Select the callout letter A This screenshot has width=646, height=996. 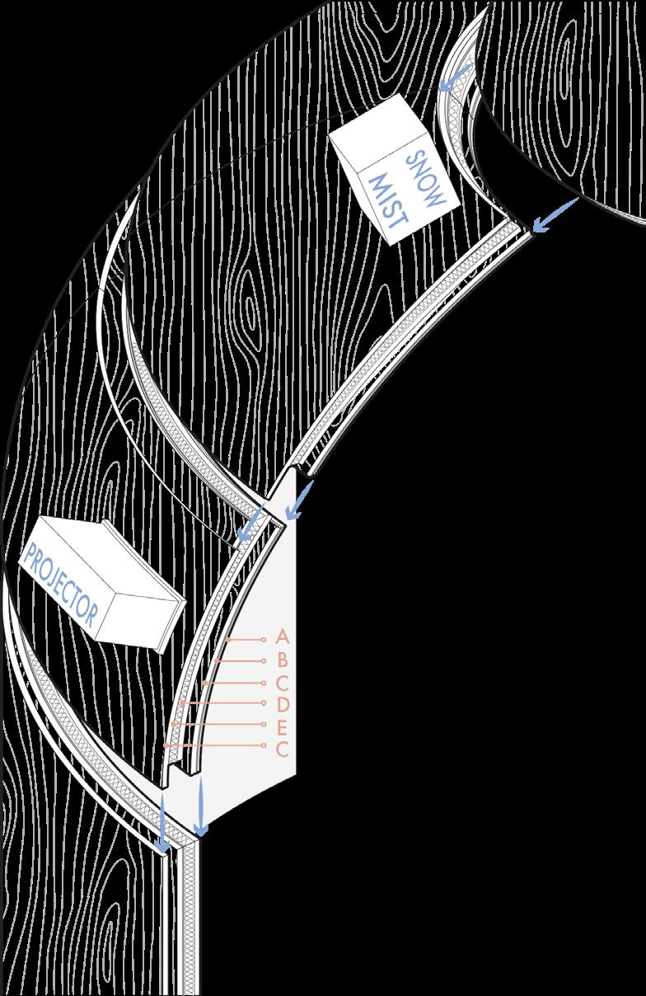tap(282, 637)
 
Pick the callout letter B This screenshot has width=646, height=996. tap(282, 660)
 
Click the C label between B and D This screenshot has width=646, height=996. tap(282, 682)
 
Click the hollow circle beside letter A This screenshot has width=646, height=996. tap(263, 639)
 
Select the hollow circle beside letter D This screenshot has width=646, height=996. tap(263, 703)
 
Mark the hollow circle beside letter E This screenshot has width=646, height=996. tap(263, 725)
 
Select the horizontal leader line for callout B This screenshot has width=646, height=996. tap(239, 660)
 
